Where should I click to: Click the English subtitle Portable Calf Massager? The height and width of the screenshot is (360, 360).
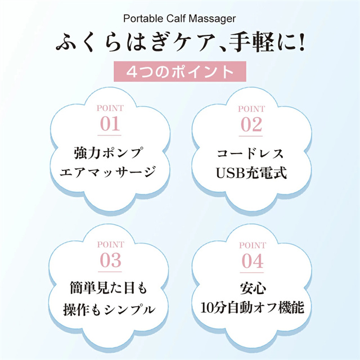[x=179, y=19]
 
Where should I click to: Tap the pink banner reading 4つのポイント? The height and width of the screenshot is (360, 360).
[x=180, y=71]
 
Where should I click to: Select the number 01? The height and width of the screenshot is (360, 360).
[x=110, y=124]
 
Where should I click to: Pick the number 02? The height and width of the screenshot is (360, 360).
[x=251, y=125]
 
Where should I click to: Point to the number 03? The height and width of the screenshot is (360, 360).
[x=110, y=260]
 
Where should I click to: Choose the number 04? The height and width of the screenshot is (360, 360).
[x=253, y=261]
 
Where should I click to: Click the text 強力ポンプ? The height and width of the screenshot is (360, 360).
[x=108, y=152]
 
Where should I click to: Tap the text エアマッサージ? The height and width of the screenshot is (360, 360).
[x=108, y=172]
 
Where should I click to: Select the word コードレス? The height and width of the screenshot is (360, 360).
[x=250, y=154]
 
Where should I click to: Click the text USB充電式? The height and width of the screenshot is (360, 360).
[x=251, y=173]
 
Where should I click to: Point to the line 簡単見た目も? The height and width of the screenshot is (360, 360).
[x=108, y=287]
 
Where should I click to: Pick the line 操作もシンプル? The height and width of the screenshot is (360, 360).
[x=109, y=309]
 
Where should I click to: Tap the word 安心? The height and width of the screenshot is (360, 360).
[x=253, y=289]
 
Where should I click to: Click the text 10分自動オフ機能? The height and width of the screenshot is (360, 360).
[x=253, y=308]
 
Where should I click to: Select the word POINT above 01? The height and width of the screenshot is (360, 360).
[x=110, y=108]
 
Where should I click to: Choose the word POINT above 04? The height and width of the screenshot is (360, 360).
[x=253, y=245]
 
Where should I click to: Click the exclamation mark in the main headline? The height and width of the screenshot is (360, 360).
[x=301, y=42]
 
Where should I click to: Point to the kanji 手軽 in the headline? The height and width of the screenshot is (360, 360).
[x=251, y=42]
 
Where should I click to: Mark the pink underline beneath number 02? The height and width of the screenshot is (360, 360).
[x=251, y=136]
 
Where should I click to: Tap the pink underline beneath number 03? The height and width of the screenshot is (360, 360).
[x=110, y=272]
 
